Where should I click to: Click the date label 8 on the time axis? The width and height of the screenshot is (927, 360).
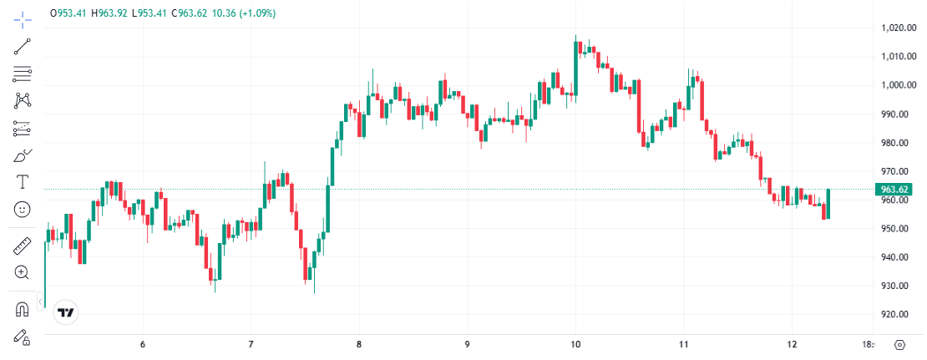tap(359, 344)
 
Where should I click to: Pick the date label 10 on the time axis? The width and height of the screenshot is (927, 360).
tap(575, 344)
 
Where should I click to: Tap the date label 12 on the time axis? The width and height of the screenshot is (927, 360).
tap(792, 344)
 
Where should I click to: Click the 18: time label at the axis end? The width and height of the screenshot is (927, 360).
tap(868, 344)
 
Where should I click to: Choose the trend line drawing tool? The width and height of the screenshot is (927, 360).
tap(23, 47)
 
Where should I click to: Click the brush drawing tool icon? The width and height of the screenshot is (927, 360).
tap(23, 155)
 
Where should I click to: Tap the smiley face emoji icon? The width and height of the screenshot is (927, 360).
tap(23, 210)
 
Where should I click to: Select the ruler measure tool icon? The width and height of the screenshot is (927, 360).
tap(23, 246)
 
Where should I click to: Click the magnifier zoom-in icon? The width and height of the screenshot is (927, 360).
tap(23, 272)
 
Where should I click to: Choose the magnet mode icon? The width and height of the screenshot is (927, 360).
tap(23, 309)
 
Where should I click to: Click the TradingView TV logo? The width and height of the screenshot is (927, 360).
tap(65, 313)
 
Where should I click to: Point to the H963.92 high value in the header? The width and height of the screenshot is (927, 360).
tap(109, 13)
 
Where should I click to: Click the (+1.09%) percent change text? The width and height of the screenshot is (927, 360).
tap(255, 13)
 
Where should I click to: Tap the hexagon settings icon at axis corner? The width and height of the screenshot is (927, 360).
tap(899, 344)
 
